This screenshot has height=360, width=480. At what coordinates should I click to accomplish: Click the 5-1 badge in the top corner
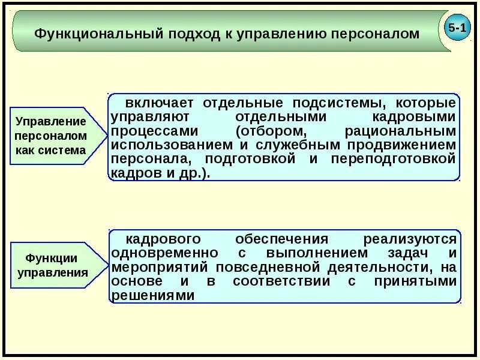[x=458, y=29]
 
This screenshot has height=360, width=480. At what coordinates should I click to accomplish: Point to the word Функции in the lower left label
[x=52, y=258]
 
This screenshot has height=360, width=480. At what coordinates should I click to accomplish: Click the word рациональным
[x=401, y=131]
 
